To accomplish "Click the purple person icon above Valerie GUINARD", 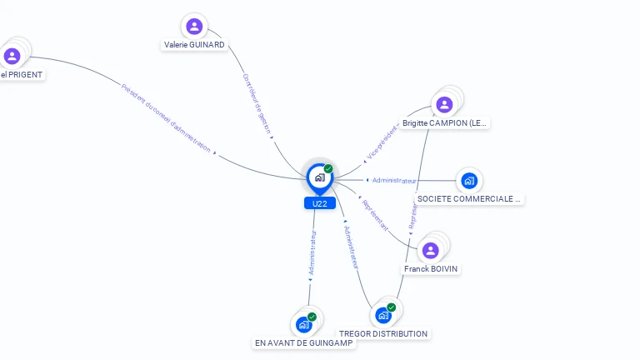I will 194,27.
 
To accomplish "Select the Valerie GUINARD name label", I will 194,45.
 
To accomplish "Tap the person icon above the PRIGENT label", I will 12,56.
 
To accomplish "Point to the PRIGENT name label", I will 22,74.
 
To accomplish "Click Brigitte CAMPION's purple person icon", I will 444,104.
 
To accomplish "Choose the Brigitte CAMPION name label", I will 443,123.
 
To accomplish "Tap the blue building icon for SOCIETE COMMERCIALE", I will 469,180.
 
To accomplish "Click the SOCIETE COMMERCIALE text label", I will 468,198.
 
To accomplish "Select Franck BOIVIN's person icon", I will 431,250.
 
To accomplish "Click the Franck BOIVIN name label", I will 431,269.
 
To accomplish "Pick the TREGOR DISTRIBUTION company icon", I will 383,315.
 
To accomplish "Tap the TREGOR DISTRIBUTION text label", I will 383,333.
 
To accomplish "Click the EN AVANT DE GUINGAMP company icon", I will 304,324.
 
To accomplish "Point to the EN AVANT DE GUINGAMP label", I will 304,342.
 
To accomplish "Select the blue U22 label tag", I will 319,203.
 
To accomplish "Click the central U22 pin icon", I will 319,177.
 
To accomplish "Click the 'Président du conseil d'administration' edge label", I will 166,117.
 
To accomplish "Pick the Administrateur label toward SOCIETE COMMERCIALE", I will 394,180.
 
